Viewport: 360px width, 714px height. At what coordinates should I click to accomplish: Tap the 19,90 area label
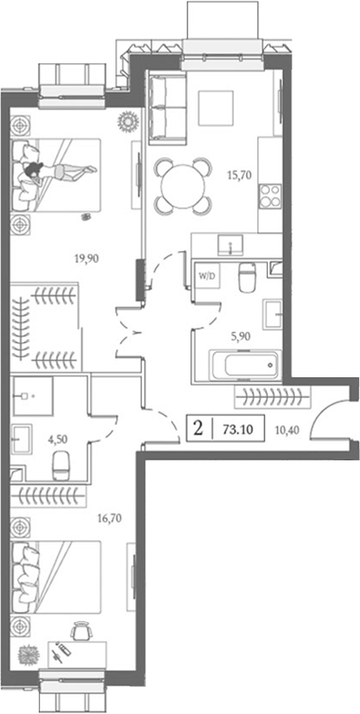click(x=87, y=257)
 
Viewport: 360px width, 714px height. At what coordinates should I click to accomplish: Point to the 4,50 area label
click(x=58, y=440)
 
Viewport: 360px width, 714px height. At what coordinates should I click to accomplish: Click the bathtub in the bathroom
click(x=244, y=366)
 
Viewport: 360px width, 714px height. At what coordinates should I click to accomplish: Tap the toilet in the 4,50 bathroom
click(x=62, y=466)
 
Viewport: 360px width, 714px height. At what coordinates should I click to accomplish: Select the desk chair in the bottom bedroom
click(x=82, y=630)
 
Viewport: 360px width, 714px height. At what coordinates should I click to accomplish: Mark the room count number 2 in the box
click(x=196, y=425)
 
